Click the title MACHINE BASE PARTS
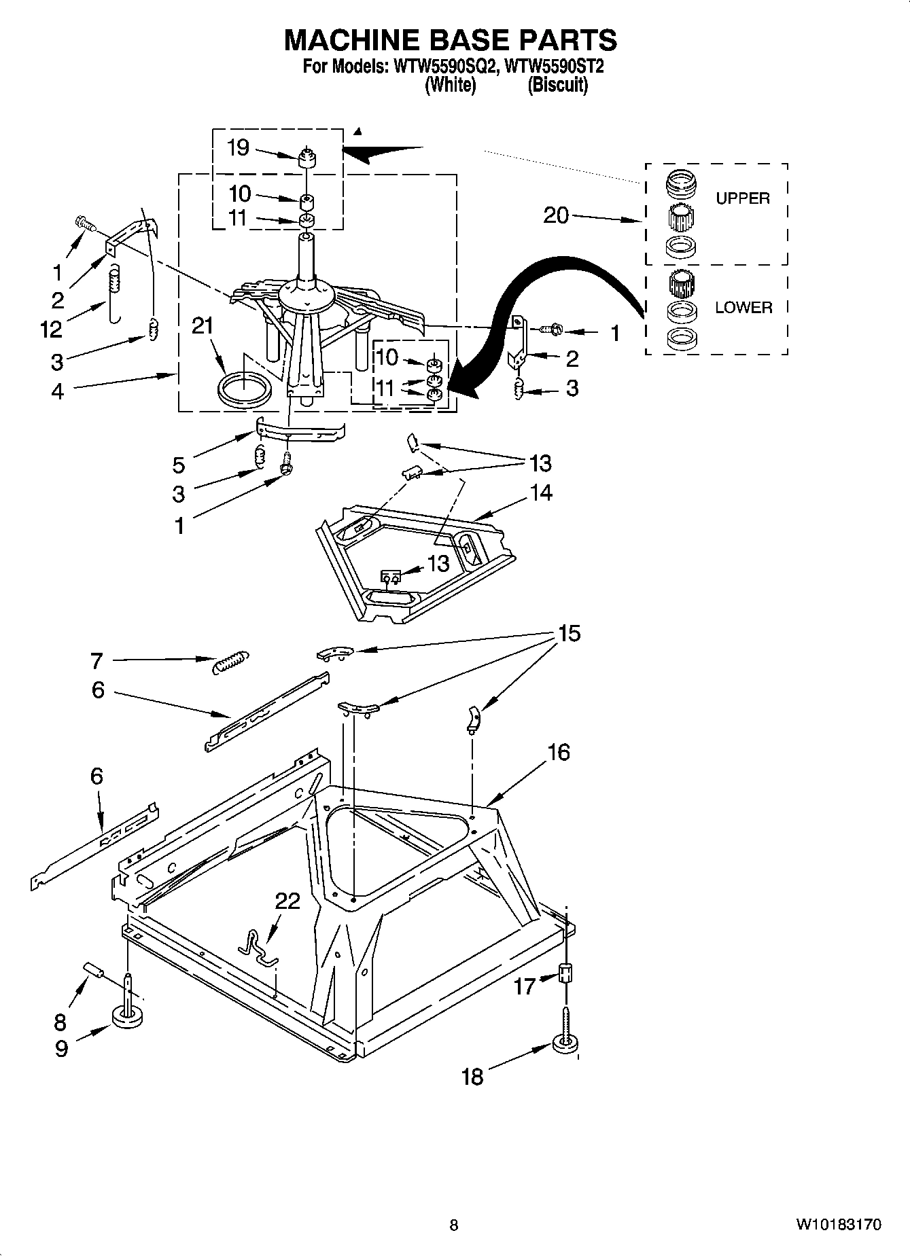[x=450, y=40]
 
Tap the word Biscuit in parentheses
[x=557, y=85]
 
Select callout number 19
[x=238, y=147]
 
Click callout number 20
[x=556, y=215]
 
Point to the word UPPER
[x=742, y=198]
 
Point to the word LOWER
[x=743, y=307]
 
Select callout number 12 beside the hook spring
[x=51, y=329]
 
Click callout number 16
[x=557, y=752]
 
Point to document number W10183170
[x=839, y=1224]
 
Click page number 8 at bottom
[x=454, y=1225]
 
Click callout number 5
[x=178, y=465]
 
